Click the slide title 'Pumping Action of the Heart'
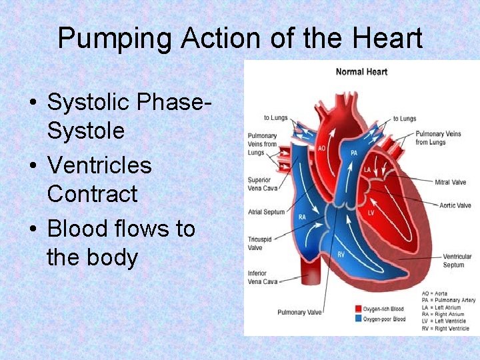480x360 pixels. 240,39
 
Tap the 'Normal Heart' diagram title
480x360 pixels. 361,71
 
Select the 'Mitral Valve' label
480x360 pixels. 451,182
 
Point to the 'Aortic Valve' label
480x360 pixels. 455,205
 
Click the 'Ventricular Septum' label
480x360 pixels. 457,261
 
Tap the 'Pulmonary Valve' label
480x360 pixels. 300,312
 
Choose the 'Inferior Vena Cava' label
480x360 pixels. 262,277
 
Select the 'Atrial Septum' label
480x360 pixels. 266,212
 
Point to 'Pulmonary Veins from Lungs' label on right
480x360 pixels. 438,137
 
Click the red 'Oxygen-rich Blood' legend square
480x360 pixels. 358,309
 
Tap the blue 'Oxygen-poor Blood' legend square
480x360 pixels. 358,319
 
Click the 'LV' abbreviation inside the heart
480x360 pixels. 371,213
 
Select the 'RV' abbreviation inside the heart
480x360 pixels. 341,254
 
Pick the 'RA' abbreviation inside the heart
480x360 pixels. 302,217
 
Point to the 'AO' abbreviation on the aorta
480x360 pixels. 321,148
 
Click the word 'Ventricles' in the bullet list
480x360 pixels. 99,165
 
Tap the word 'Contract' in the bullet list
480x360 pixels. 92,194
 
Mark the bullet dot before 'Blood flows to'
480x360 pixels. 33,229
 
